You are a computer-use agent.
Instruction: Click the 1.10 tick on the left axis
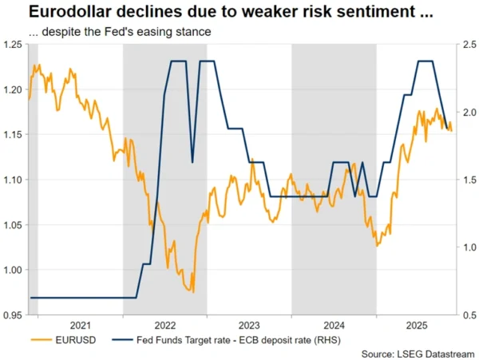pyautogui.click(x=13, y=180)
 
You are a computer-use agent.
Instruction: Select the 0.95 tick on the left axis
pyautogui.click(x=13, y=316)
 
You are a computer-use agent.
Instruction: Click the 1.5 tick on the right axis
pyautogui.click(x=468, y=180)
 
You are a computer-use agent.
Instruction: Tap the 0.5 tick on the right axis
pyautogui.click(x=468, y=316)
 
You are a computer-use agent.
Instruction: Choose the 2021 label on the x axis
pyautogui.click(x=80, y=326)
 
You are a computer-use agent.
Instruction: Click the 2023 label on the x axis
pyautogui.click(x=248, y=326)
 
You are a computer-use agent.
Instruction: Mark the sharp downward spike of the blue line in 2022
pyautogui.click(x=192, y=162)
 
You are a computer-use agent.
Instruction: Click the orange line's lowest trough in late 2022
pyautogui.click(x=194, y=292)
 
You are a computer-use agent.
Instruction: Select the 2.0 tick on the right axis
pyautogui.click(x=468, y=113)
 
